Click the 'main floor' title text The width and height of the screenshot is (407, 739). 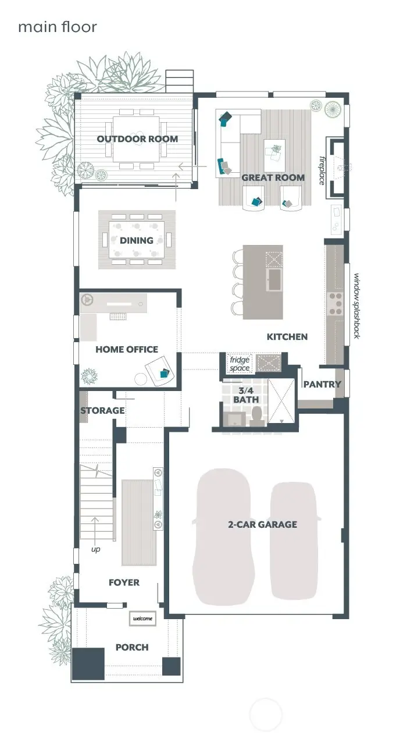57,27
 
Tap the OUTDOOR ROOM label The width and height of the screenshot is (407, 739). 137,139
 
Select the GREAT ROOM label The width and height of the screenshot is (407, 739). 273,177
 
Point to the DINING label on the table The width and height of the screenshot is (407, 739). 137,240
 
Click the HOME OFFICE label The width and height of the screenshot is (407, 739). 127,349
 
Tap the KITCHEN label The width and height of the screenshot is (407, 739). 287,336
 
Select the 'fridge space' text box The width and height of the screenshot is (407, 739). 239,364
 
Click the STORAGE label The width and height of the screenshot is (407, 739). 102,410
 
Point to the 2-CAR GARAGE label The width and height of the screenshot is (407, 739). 262,524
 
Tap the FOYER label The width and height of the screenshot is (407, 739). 124,582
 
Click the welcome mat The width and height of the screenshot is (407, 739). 143,618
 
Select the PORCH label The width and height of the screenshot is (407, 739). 131,647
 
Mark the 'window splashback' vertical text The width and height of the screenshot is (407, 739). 356,305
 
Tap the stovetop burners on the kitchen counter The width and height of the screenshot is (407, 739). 336,303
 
